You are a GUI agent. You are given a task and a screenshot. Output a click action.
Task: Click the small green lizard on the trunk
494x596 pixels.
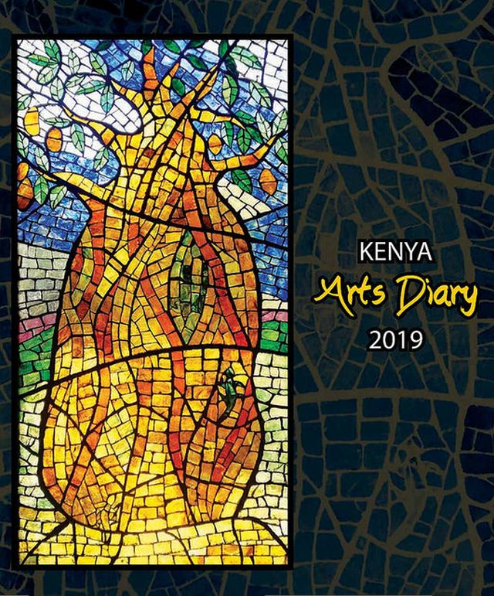click(229, 382)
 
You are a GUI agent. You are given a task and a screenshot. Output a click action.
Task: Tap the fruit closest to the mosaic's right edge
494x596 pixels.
click(268, 180)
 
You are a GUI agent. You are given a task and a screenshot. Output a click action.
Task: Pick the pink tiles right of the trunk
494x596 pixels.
click(272, 316)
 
